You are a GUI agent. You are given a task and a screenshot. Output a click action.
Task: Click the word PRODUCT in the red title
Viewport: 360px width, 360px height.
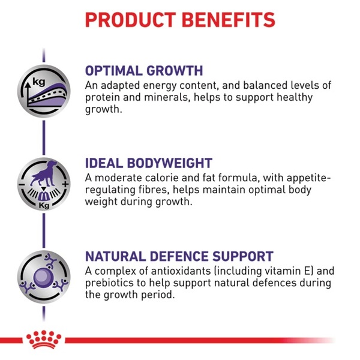point(130,20)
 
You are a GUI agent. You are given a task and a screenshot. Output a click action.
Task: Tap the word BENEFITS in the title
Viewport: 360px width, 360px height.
point(229,20)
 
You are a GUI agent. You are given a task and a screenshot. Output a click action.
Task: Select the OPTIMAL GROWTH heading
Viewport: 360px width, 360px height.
point(144,70)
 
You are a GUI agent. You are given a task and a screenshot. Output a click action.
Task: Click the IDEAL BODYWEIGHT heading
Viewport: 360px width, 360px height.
point(149,163)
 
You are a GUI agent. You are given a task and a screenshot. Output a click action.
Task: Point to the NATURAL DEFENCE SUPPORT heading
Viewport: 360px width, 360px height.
point(179,256)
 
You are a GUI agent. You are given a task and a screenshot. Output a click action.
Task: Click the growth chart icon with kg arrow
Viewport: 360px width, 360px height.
point(44,91)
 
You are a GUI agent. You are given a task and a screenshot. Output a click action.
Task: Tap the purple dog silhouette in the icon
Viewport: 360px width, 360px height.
point(44,173)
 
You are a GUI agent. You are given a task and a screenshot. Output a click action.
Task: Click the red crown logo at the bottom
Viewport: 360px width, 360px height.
point(44,340)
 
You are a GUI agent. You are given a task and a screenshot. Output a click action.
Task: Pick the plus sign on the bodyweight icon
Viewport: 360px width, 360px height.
point(65,184)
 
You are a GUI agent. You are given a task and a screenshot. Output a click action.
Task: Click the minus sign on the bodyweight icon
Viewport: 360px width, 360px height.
point(22,185)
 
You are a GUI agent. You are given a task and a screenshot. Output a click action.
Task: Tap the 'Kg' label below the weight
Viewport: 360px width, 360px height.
point(44,205)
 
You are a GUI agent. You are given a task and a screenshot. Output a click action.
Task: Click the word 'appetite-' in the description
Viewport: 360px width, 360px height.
point(309,178)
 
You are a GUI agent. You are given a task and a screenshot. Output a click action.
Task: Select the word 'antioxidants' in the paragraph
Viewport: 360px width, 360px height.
point(181,271)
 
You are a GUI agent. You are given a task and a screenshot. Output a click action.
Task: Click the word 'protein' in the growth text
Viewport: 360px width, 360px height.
point(103,98)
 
